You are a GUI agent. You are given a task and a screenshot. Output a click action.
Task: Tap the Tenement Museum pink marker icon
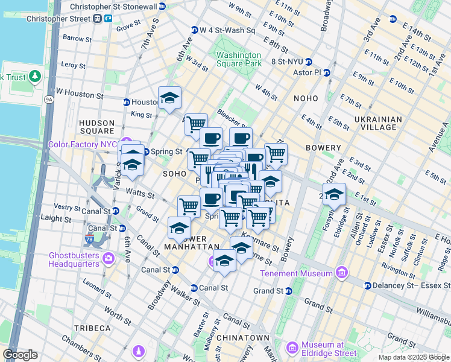(342, 273)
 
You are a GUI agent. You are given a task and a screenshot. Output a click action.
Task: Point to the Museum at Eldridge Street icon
(292, 348)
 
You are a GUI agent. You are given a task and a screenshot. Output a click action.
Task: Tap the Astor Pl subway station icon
(327, 72)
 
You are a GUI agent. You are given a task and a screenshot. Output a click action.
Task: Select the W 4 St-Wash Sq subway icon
(195, 30)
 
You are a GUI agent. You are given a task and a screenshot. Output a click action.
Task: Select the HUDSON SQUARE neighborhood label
(96, 127)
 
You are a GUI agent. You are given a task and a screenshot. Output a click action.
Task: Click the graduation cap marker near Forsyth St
(334, 195)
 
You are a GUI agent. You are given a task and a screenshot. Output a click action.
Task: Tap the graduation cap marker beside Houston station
(170, 98)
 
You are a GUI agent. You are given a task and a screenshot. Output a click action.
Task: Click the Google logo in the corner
(20, 355)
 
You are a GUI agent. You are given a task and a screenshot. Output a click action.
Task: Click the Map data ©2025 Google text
(413, 357)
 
